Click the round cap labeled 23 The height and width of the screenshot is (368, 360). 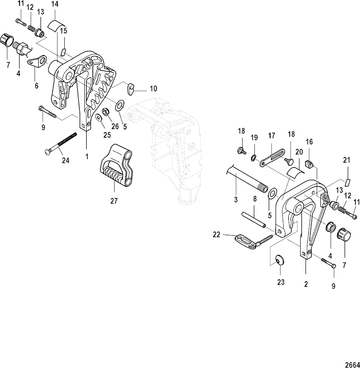(280, 260)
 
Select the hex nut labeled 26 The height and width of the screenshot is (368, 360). (106, 112)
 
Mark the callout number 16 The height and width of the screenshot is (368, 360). (309, 142)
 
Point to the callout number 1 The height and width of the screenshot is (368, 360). (87, 157)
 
